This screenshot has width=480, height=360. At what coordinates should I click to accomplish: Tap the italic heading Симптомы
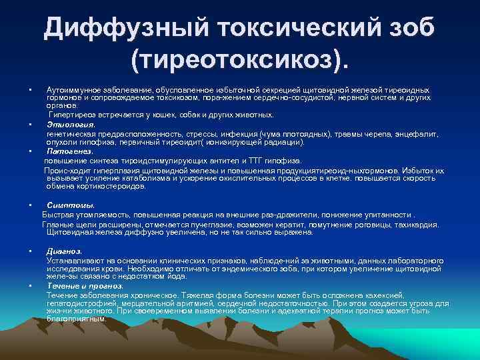point(71,205)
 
